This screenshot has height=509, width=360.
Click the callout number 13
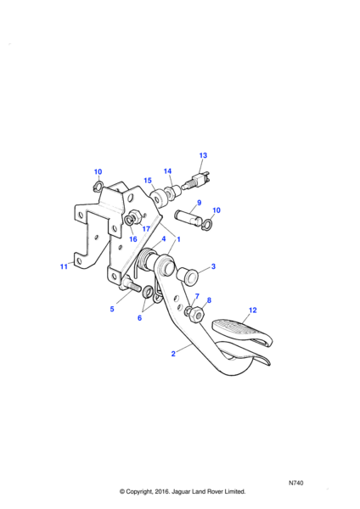click(x=203, y=155)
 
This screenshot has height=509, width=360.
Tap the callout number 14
click(x=167, y=171)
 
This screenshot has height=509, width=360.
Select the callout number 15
click(x=148, y=181)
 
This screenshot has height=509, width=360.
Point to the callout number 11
click(x=64, y=266)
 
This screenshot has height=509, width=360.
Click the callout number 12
click(x=253, y=310)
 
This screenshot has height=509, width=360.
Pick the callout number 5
click(x=112, y=309)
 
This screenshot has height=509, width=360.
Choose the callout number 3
click(x=213, y=266)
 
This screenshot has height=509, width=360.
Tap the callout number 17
click(x=146, y=229)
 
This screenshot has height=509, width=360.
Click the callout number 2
click(x=173, y=354)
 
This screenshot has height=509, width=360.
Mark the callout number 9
click(x=200, y=203)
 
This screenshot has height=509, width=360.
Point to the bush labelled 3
click(x=187, y=276)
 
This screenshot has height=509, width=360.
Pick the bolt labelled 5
click(x=130, y=285)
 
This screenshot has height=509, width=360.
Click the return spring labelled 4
click(x=144, y=260)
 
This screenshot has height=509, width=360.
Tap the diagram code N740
click(x=296, y=483)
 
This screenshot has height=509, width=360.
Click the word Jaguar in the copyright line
click(x=182, y=491)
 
